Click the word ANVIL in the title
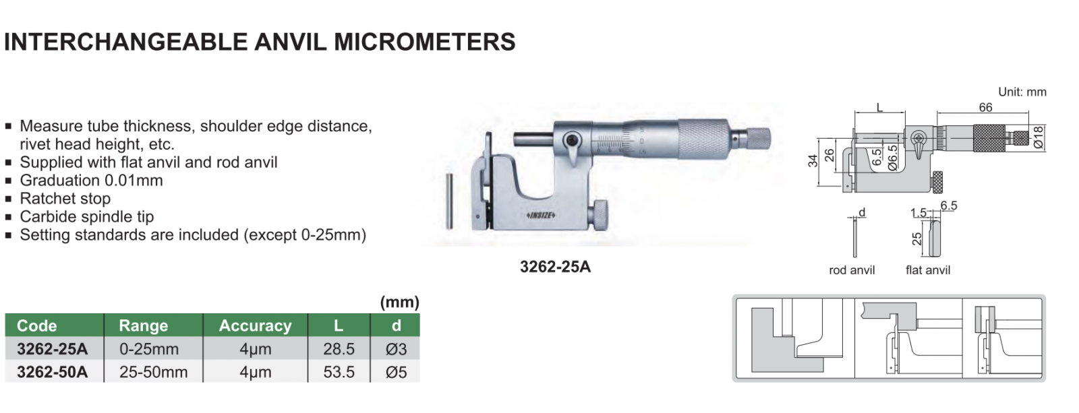coord(290,42)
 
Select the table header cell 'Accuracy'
coord(256,325)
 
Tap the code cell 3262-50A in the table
coord(52,372)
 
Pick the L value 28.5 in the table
coord(339,349)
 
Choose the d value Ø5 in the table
coord(396,372)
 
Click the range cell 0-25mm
coord(149,349)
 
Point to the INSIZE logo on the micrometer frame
coord(541,215)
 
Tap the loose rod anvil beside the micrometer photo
coord(449,201)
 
